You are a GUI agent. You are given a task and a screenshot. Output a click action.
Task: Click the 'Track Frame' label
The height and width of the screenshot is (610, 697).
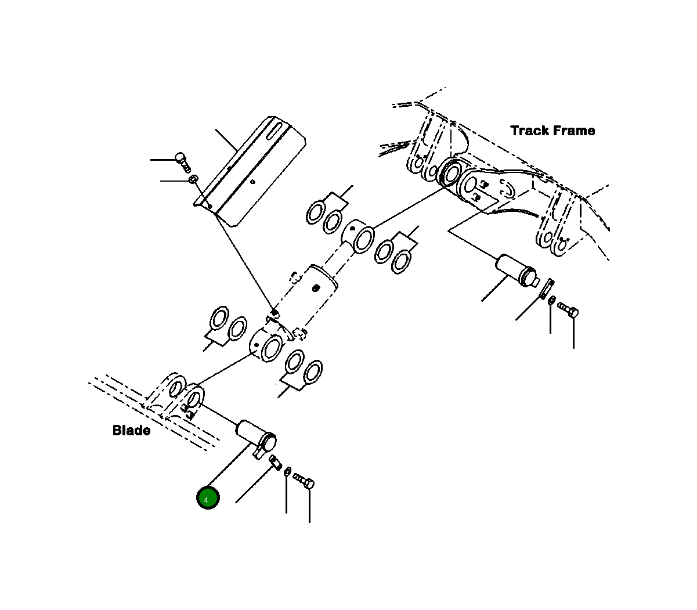tap(552, 131)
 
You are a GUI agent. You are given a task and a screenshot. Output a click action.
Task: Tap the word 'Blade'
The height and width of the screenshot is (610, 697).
tap(131, 431)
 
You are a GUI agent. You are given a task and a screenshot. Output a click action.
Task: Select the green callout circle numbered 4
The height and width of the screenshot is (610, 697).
tap(208, 499)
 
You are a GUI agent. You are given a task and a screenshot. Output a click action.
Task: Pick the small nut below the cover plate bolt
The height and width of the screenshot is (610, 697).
tap(193, 180)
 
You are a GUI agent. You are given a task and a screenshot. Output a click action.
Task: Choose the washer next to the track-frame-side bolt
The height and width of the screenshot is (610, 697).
tap(552, 301)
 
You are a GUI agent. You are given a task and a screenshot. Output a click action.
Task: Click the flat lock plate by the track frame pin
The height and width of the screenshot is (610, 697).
tap(546, 288)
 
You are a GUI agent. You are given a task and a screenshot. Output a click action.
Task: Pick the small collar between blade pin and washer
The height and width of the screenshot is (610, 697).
tap(276, 462)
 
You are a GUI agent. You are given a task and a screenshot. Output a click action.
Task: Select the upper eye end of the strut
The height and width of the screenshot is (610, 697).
tap(359, 236)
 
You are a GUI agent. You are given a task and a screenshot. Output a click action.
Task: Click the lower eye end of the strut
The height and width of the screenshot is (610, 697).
tap(266, 345)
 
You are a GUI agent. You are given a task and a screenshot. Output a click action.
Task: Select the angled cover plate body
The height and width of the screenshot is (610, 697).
tap(255, 174)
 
